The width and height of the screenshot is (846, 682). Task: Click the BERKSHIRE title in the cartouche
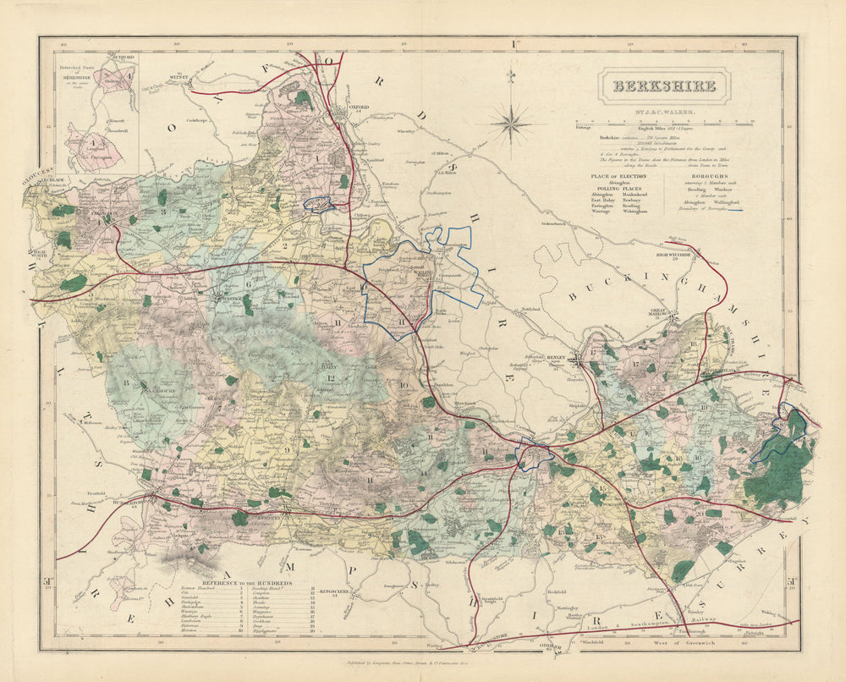point(664,86)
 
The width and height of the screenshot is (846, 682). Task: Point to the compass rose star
point(512,124)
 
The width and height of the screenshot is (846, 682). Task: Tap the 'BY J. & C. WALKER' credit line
point(664,112)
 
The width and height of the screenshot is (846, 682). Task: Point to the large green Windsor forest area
point(787,465)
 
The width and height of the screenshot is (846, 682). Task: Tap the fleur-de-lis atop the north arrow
point(511,76)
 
